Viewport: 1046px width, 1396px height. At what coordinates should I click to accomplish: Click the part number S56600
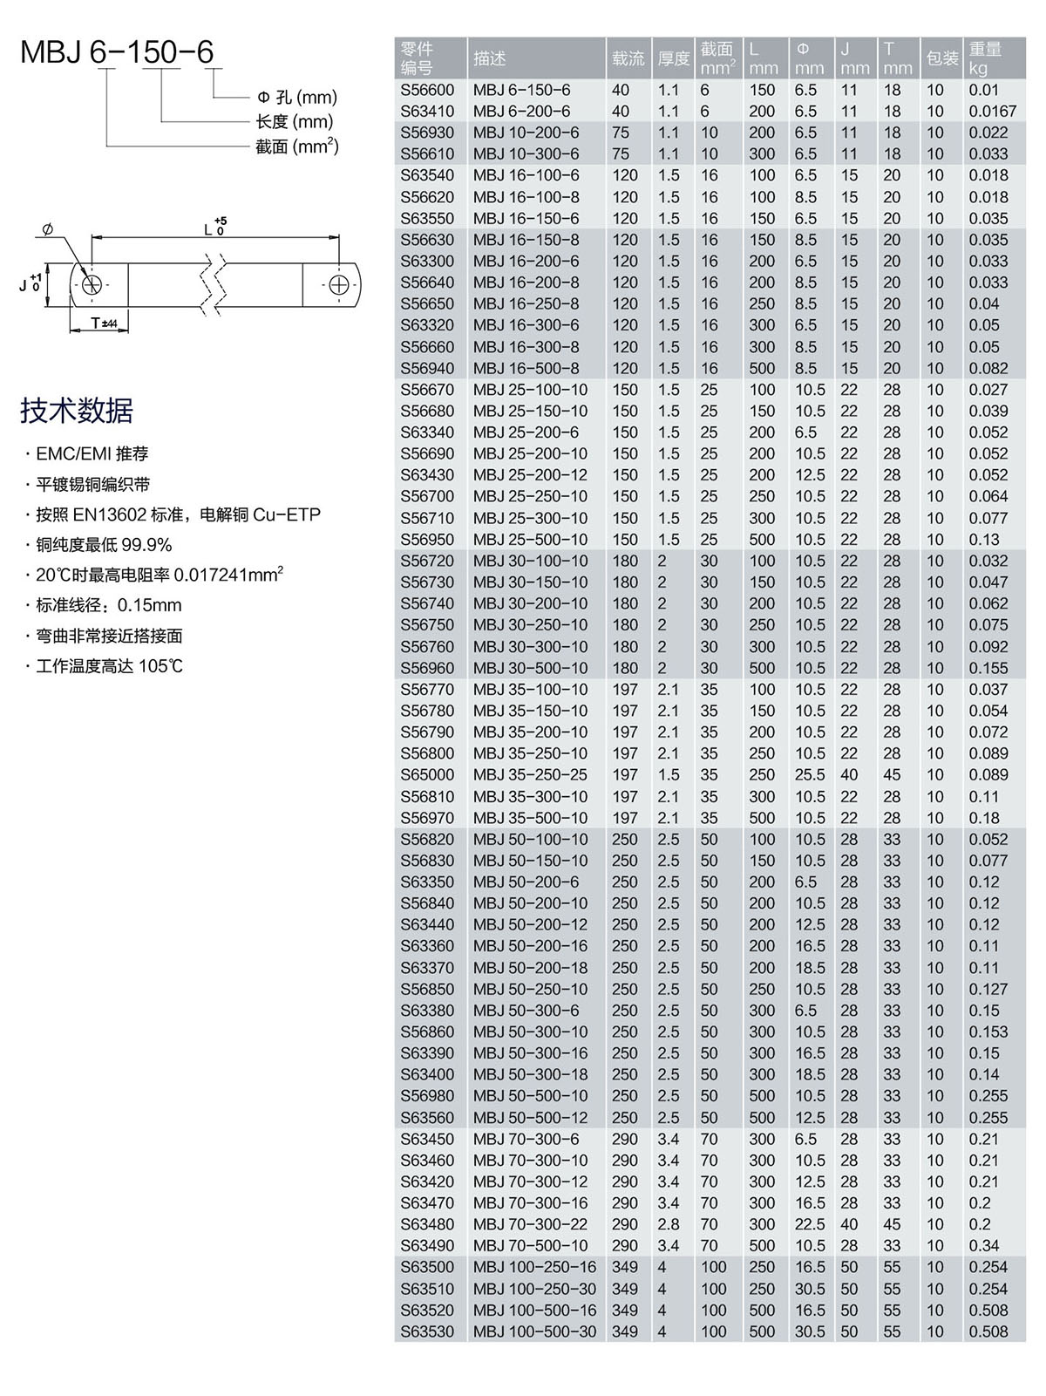427,90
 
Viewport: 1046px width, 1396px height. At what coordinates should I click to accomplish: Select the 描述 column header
490,58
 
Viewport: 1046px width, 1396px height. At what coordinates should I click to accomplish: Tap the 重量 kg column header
985,58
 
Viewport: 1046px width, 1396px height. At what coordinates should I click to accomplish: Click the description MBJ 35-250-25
530,774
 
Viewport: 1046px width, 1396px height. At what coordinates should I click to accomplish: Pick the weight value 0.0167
993,111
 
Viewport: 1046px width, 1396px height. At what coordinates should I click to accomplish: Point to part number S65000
427,774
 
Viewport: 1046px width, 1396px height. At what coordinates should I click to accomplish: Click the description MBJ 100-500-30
534,1331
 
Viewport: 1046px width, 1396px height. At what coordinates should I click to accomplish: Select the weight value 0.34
984,1245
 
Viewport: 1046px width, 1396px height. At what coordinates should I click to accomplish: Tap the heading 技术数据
77,410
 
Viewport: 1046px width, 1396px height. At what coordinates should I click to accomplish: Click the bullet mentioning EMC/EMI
92,453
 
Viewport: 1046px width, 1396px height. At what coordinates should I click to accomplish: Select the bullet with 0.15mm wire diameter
108,605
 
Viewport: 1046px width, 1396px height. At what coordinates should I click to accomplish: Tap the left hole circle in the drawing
91,284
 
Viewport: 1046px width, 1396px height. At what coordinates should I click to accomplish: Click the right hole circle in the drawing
339,284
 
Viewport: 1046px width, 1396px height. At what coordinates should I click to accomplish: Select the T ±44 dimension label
104,323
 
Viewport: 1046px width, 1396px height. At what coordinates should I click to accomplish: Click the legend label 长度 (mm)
295,122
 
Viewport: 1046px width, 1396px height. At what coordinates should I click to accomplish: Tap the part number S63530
427,1331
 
